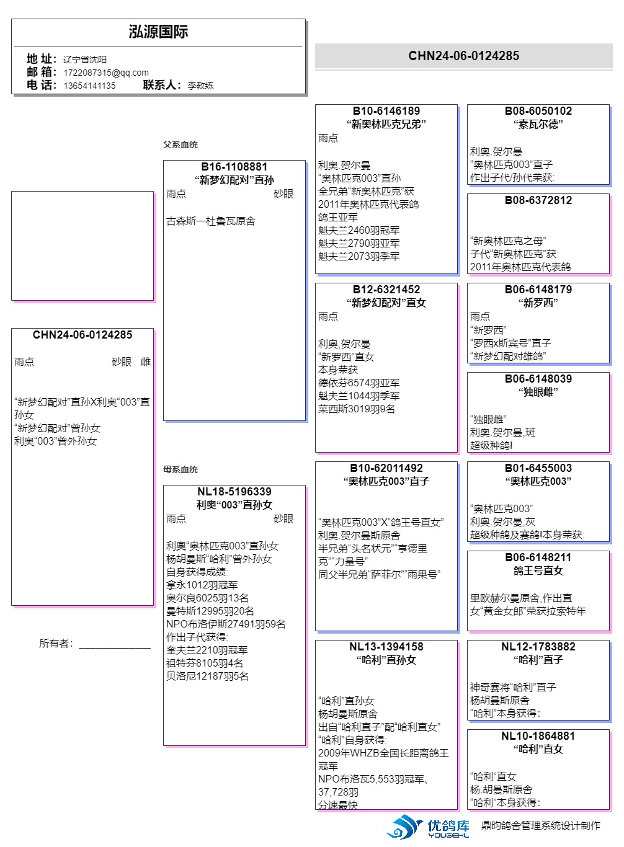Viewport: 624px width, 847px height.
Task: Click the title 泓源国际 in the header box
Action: click(x=158, y=32)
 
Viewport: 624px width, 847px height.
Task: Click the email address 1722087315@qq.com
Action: click(x=106, y=73)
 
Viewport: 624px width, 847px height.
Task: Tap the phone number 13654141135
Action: click(x=89, y=86)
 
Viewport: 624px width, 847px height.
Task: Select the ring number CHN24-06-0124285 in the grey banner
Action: click(x=463, y=56)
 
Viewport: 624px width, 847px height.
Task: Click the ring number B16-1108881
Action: click(x=234, y=167)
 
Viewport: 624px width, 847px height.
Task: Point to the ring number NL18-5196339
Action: click(x=234, y=492)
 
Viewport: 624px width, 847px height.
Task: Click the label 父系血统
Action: click(x=181, y=144)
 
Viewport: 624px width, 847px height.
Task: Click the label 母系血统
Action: click(x=181, y=469)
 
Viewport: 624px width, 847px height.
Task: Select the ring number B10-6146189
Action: click(x=386, y=111)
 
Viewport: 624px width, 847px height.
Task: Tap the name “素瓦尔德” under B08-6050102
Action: click(x=538, y=124)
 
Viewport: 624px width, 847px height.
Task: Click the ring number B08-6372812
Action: click(x=538, y=200)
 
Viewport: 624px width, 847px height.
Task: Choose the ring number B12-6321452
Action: click(x=386, y=290)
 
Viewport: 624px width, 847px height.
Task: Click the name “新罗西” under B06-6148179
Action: click(x=538, y=303)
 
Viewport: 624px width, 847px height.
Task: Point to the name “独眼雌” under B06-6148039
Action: click(x=538, y=392)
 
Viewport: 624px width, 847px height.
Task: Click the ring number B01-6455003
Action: click(x=538, y=468)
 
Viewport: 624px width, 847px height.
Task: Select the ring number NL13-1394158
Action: click(x=386, y=647)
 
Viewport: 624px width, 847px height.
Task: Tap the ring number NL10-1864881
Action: click(x=538, y=736)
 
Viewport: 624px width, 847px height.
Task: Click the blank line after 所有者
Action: click(x=115, y=645)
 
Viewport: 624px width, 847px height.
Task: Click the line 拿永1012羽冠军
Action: click(x=202, y=585)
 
